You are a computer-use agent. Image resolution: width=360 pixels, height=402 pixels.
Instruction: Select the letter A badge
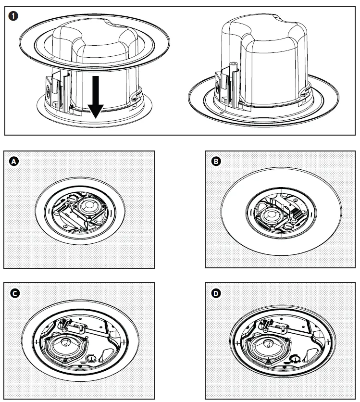(x=14, y=162)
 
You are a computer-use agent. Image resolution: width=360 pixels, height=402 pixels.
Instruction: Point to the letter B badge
(x=216, y=162)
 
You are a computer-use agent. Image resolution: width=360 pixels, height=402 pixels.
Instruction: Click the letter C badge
(x=14, y=293)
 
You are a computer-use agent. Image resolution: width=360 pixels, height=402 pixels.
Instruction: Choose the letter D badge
(x=216, y=293)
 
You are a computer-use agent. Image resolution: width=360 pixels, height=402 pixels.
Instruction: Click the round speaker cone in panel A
(x=89, y=207)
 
